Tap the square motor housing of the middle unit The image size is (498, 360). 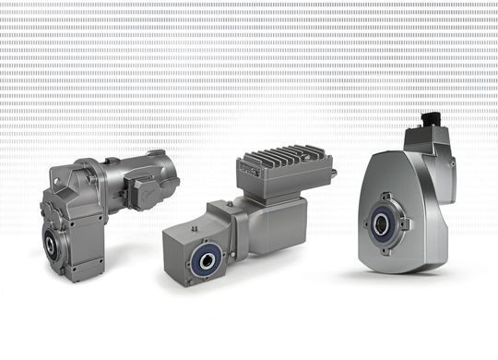[277, 222]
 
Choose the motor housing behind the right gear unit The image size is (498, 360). [437, 166]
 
